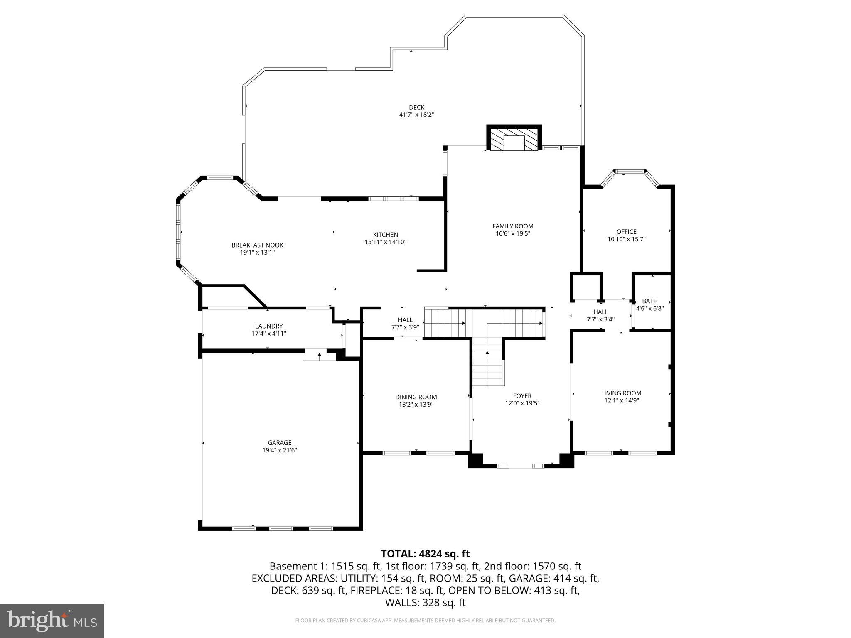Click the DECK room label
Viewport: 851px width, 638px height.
416,108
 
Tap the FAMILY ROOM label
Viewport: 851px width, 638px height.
513,226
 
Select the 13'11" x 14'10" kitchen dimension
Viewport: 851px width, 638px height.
385,242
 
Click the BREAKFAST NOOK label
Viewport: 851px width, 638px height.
257,245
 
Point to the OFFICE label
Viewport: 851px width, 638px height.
626,232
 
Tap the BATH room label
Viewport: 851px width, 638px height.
649,301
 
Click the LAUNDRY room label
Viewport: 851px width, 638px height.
269,326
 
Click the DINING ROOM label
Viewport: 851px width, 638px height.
416,397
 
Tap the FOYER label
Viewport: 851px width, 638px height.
522,396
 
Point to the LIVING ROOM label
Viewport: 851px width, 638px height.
621,393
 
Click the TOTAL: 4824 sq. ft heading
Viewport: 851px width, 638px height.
425,554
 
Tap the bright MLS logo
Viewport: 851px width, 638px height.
52,621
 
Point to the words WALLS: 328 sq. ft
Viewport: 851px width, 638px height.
425,602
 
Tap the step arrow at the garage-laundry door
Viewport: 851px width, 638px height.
319,355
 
